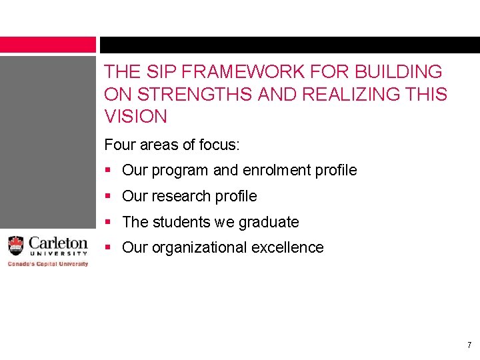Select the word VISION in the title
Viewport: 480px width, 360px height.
tap(136, 117)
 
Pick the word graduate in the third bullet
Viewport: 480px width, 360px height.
tap(269, 222)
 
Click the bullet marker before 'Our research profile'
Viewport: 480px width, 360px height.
tap(110, 196)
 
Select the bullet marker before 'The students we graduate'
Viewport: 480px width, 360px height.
tap(110, 222)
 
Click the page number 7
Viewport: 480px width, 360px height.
tap(469, 345)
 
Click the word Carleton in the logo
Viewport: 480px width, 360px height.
tap(58, 243)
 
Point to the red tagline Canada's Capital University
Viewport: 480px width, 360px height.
tap(47, 264)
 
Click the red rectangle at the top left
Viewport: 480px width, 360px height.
tap(48, 45)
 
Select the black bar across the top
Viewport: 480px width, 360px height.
tap(289, 45)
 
